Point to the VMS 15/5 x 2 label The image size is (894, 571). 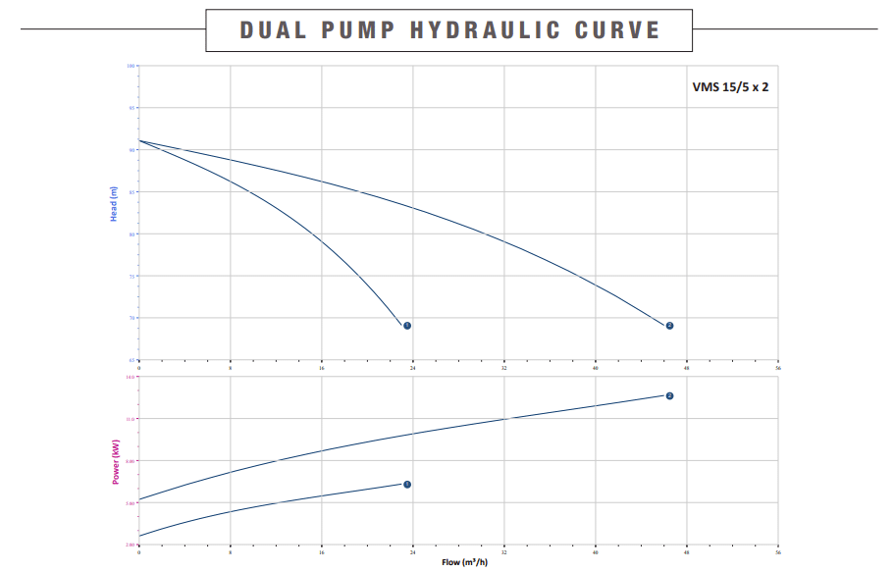click(x=730, y=86)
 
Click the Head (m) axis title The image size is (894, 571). click(x=114, y=204)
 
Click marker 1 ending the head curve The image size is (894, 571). click(x=406, y=326)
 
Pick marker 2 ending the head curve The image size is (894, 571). click(x=669, y=326)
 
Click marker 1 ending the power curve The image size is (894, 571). click(x=407, y=484)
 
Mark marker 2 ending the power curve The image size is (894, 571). click(x=669, y=395)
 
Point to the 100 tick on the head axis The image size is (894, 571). click(x=130, y=66)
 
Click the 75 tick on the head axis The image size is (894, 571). click(x=131, y=276)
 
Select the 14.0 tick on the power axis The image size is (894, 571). click(x=130, y=377)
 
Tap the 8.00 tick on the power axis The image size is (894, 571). click(x=130, y=461)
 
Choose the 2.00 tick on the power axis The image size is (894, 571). click(x=130, y=545)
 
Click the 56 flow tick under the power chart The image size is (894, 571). click(x=777, y=552)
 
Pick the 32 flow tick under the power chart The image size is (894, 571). click(x=503, y=552)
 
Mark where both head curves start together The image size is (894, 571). click(x=139, y=140)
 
